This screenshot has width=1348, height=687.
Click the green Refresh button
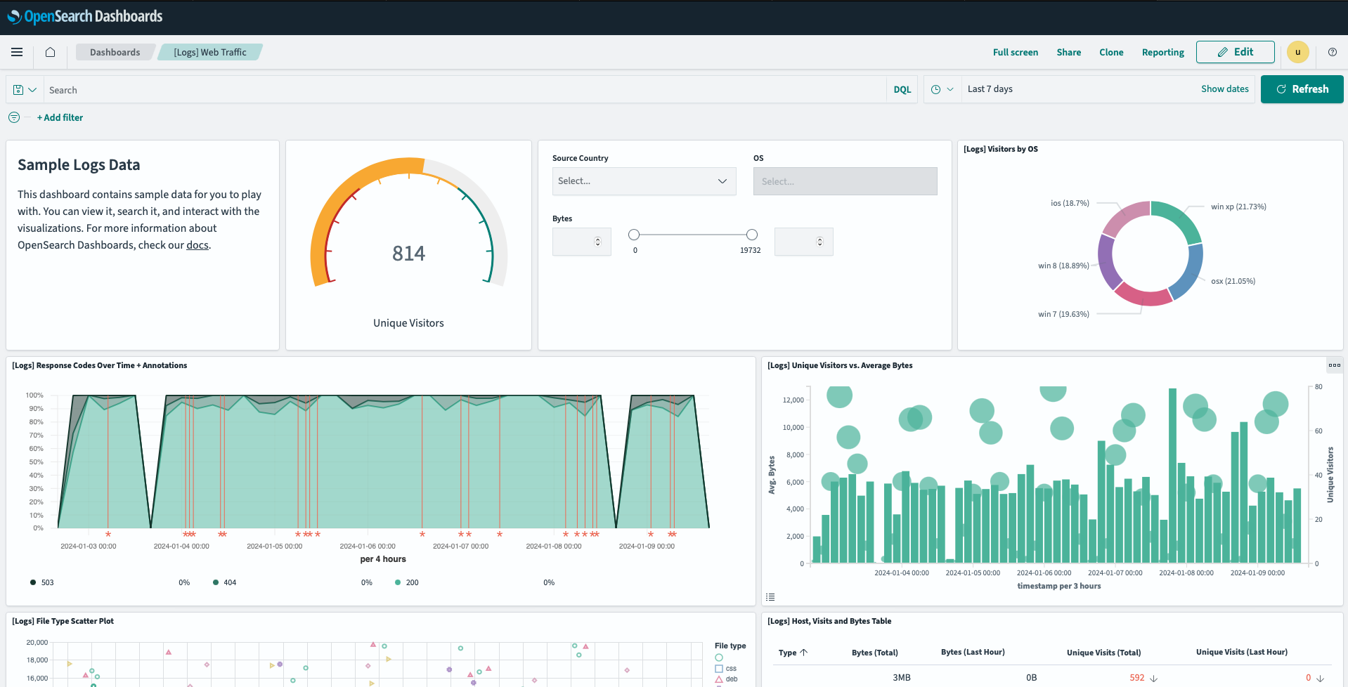1302,89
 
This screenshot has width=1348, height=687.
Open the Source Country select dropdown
644,181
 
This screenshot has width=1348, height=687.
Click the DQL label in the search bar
902,90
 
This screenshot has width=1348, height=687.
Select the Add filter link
60,118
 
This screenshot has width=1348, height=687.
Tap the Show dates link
1224,89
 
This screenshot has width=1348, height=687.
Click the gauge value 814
408,253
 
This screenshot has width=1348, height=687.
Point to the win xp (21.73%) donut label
1238,207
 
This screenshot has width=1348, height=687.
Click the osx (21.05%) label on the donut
1233,281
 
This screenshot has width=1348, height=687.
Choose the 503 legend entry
47,582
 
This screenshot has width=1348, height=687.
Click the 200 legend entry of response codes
412,582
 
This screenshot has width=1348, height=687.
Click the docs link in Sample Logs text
197,245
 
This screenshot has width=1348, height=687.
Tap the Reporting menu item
1162,53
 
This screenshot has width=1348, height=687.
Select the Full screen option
1015,53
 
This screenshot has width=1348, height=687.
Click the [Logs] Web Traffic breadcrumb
209,53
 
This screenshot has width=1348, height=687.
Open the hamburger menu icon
17,52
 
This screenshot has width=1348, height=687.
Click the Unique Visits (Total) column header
1103,653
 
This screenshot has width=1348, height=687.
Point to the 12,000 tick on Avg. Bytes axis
793,400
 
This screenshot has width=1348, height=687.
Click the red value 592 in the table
1136,678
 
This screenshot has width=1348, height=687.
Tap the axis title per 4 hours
382,559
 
